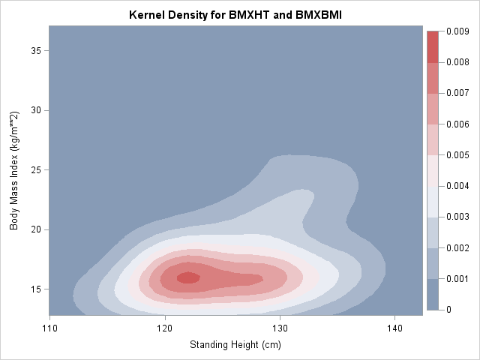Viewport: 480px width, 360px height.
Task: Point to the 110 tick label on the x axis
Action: (x=49, y=328)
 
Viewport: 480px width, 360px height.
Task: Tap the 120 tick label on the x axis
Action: (x=165, y=328)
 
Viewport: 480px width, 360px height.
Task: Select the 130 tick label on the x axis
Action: (x=280, y=328)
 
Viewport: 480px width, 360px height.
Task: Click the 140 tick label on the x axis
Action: (x=394, y=328)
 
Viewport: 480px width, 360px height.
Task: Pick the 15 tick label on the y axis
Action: (x=35, y=289)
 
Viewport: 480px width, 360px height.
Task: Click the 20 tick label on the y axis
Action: (x=35, y=229)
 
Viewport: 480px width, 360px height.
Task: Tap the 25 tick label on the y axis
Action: (x=35, y=169)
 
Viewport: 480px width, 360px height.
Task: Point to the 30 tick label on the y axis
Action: (x=35, y=110)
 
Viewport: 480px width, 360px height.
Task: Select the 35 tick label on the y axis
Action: (x=35, y=50)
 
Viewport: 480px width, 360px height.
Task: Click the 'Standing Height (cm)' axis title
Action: (x=235, y=346)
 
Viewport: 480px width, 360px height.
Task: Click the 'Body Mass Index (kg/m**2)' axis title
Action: (x=14, y=172)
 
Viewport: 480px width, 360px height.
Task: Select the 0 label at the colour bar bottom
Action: (x=449, y=309)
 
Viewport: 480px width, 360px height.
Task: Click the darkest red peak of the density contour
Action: (x=187, y=277)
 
